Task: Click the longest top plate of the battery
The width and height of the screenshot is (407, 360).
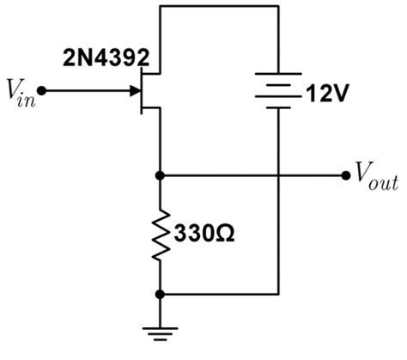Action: coord(279,73)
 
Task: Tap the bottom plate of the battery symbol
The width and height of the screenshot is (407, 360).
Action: coord(279,108)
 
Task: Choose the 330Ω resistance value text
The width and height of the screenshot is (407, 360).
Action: coord(203,233)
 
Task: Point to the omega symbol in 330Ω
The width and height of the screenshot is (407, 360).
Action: coord(224,233)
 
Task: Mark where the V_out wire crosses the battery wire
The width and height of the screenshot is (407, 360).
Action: coord(279,174)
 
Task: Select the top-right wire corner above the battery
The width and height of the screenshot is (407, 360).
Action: coord(279,6)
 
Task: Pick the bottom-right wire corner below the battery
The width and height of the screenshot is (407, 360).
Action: coord(279,293)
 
